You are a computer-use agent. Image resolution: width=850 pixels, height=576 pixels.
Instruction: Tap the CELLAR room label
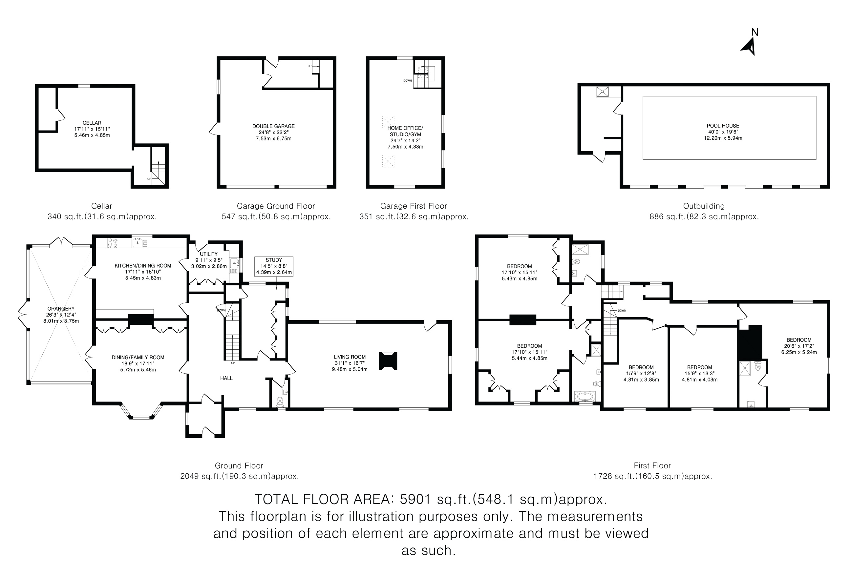[x=92, y=123]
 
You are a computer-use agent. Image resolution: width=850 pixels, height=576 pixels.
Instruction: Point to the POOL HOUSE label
[x=723, y=125]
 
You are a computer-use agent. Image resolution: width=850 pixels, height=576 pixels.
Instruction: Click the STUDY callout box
[x=274, y=266]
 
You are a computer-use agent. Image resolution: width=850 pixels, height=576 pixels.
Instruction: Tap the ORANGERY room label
[x=61, y=308]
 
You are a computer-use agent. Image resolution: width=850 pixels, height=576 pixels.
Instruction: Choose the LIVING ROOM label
[x=349, y=357]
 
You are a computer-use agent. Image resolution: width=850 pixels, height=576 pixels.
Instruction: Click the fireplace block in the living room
[x=388, y=361]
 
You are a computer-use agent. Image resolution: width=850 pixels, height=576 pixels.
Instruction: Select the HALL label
[x=226, y=378]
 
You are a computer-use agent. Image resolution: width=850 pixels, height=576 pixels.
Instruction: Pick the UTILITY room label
[x=208, y=254]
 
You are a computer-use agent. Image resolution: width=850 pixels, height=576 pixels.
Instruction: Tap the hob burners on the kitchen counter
[x=113, y=243]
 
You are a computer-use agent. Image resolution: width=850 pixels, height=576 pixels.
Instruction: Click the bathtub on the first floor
[x=585, y=397]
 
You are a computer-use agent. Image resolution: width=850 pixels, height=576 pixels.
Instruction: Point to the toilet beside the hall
[x=280, y=402]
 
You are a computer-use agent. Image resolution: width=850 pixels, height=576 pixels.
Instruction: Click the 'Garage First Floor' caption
[x=413, y=206]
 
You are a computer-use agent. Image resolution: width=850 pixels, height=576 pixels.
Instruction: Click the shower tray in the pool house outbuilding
[x=603, y=92]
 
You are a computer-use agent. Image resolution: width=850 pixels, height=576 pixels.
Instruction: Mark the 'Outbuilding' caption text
[x=704, y=206]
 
